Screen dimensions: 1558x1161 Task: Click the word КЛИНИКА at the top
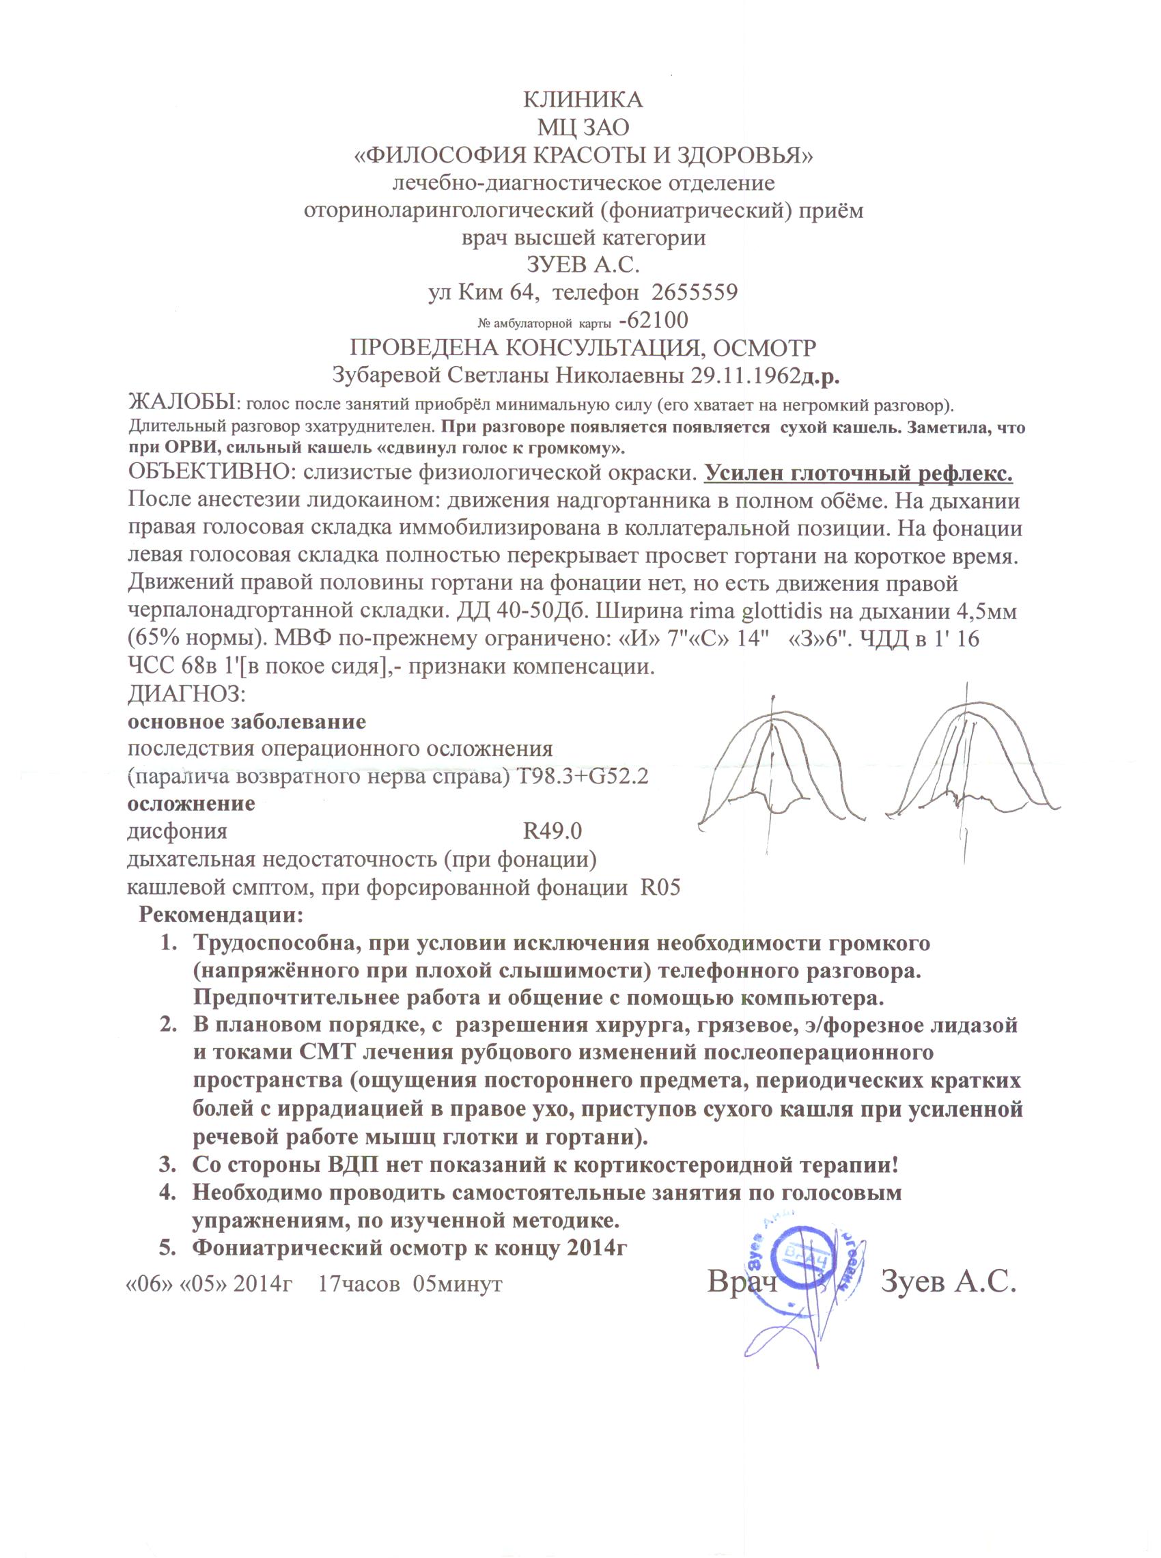(x=583, y=100)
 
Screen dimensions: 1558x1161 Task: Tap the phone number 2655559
(x=695, y=292)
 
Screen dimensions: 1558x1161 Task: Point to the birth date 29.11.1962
(x=746, y=376)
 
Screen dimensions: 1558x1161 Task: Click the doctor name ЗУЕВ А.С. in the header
(x=583, y=265)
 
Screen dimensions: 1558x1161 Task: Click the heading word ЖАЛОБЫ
(x=180, y=404)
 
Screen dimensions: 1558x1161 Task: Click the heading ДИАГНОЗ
(x=186, y=693)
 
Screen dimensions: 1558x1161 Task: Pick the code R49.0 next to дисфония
(x=552, y=832)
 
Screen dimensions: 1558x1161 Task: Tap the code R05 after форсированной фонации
(x=660, y=887)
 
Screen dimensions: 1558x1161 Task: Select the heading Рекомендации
(x=221, y=915)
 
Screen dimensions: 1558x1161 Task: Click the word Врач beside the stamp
(x=742, y=1281)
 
